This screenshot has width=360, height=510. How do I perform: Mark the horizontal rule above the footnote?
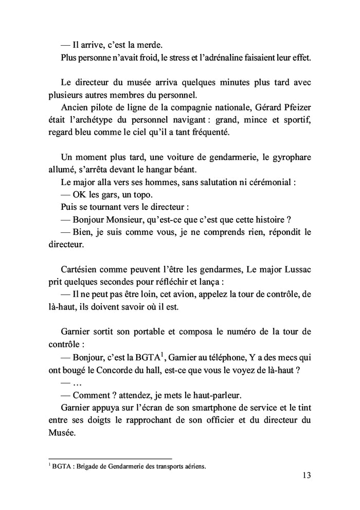click(110, 459)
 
